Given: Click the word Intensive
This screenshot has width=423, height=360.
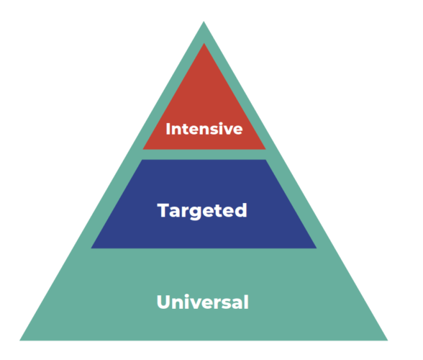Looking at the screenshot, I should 204,129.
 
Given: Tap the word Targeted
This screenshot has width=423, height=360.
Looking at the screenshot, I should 202,211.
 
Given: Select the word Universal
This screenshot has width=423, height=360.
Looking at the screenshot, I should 203,302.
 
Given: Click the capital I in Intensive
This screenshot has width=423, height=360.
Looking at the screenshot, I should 168,129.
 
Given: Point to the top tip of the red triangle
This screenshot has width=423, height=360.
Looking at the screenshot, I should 204,43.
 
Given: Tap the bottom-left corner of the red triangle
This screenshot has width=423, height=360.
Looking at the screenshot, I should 142,149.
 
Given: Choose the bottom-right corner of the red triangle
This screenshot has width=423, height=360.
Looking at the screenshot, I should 265,149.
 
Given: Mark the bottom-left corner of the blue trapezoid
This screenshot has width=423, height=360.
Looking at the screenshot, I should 91,248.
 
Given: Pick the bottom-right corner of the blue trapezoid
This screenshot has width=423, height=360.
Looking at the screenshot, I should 317,248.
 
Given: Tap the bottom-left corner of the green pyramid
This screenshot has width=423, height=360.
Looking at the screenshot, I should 19,340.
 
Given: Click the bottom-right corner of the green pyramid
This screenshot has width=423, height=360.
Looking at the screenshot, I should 388,340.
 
